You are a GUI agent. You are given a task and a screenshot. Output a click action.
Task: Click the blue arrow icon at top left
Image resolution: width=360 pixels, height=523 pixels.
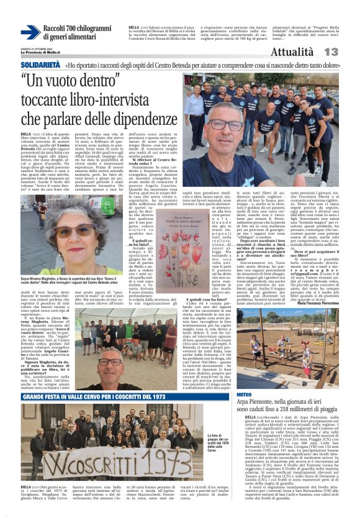(30, 32)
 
